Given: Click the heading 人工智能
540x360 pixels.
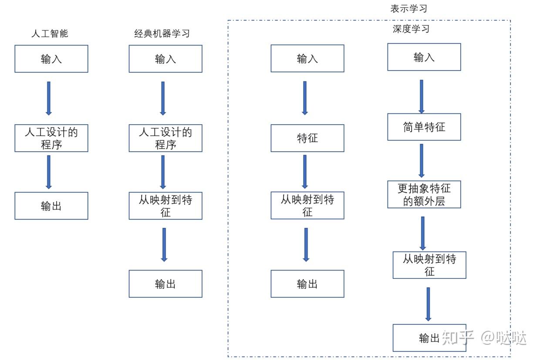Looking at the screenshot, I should (x=50, y=34).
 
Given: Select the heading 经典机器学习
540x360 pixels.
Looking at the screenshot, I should (x=162, y=34).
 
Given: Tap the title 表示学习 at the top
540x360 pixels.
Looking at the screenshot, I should (x=409, y=9).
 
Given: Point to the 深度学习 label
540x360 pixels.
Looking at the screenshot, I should (x=411, y=29).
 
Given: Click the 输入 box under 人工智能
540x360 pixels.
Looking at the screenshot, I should (x=51, y=59).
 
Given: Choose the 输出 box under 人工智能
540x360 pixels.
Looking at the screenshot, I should (x=51, y=206).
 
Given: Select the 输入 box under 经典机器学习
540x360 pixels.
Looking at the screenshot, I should (x=165, y=59).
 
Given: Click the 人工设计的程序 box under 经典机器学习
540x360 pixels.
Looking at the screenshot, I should (x=165, y=138).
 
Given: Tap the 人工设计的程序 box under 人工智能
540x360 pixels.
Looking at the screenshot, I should (x=51, y=138).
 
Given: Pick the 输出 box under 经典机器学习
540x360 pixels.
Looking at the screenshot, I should (x=165, y=284).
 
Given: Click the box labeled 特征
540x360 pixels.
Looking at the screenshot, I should (x=307, y=138).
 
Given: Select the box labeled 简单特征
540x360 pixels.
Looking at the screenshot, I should (x=424, y=127).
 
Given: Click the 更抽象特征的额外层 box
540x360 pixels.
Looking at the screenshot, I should (x=424, y=194).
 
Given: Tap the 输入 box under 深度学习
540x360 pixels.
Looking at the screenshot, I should (x=424, y=57).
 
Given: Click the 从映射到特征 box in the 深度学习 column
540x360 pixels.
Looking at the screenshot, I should (x=429, y=265).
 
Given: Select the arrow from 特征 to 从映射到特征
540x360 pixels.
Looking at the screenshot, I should (x=305, y=171).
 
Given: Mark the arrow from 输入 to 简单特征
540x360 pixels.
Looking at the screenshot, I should (x=421, y=96).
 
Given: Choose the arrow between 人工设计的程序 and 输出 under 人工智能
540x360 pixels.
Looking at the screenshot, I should (x=48, y=172).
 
